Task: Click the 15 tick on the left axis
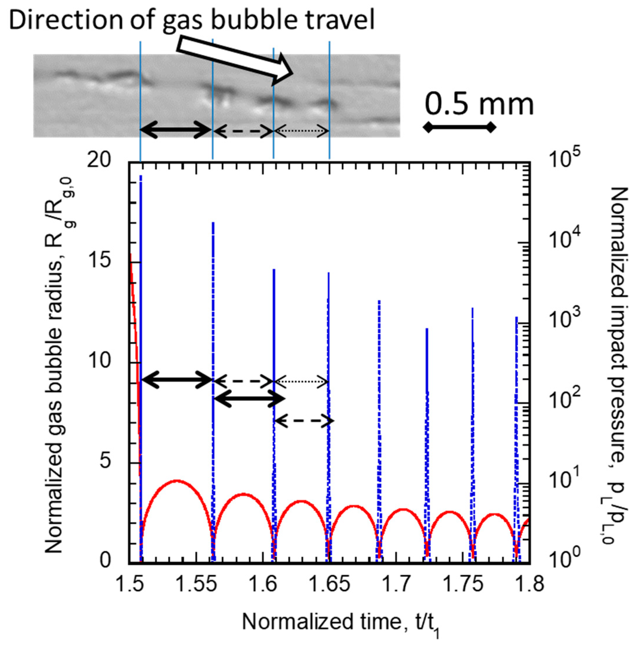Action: (98, 261)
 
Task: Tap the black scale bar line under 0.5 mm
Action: (459, 127)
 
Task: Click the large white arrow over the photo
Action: (234, 60)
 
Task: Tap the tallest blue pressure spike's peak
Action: (141, 176)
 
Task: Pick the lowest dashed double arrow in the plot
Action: (304, 421)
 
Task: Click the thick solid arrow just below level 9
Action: (249, 399)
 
